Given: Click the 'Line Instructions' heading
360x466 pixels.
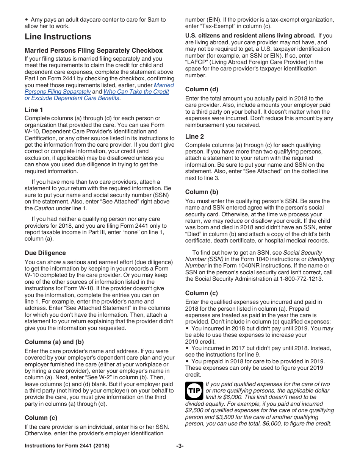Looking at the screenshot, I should click(x=58, y=37).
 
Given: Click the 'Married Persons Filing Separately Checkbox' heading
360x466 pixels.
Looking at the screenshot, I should click(x=94, y=50).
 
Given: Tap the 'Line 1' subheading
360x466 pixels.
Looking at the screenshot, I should click(x=34, y=110).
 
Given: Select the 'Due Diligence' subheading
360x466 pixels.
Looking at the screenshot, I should click(x=45, y=253).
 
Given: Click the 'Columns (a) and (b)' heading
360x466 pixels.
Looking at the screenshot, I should click(x=54, y=342).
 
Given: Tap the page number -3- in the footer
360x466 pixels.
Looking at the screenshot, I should click(x=180, y=446).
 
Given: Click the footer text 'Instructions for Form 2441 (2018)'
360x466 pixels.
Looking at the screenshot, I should click(x=67, y=446).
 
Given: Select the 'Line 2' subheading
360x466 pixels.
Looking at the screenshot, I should click(x=194, y=136).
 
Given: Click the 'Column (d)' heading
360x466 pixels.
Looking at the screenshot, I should click(x=202, y=89).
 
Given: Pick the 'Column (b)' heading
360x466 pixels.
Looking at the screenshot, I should click(x=202, y=192).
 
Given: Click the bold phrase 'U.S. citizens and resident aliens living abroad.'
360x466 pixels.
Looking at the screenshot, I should click(x=250, y=36).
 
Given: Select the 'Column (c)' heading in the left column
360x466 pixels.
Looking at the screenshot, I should click(x=41, y=418).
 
